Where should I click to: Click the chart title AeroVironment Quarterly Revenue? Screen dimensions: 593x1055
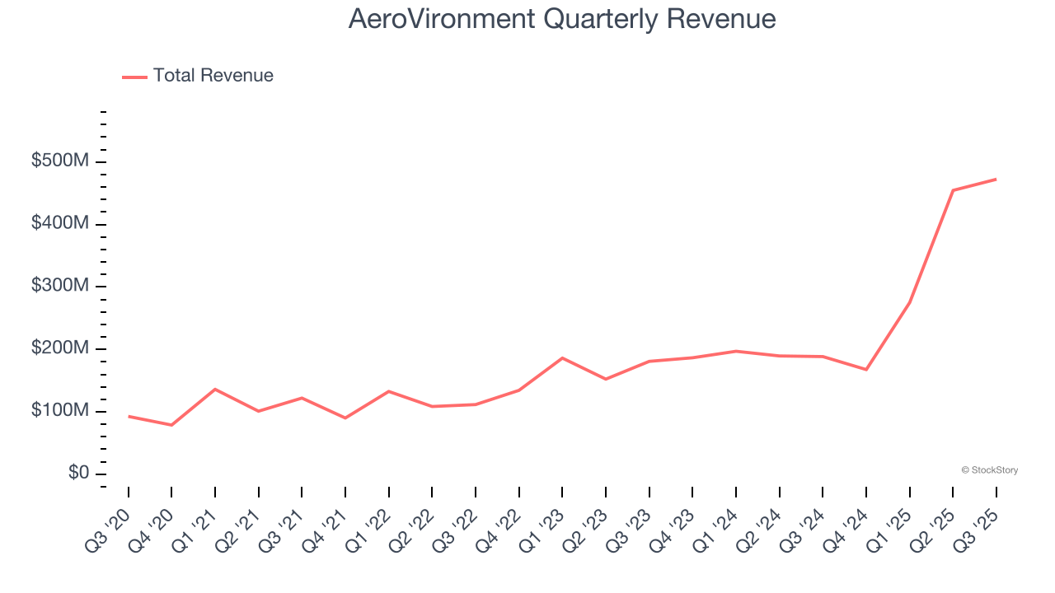(x=562, y=19)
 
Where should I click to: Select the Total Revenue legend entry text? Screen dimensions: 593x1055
(x=213, y=76)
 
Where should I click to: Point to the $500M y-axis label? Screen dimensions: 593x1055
(x=59, y=161)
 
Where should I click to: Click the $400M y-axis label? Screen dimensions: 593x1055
(x=59, y=224)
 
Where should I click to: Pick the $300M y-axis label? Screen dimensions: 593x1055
(x=59, y=286)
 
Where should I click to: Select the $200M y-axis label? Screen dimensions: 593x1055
(x=59, y=348)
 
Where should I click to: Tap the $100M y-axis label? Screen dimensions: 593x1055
(x=59, y=411)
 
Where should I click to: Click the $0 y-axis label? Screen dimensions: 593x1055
(x=79, y=474)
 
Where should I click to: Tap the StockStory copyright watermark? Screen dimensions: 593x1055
(x=989, y=470)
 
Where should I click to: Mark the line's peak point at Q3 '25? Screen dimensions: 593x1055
(x=996, y=179)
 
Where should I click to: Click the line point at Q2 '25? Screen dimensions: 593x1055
(x=953, y=190)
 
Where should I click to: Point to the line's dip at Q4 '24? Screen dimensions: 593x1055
(x=866, y=369)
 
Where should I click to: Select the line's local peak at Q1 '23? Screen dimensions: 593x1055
(x=562, y=357)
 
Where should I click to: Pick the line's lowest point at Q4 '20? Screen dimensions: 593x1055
(x=171, y=425)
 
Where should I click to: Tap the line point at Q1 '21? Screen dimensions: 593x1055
(x=215, y=389)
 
